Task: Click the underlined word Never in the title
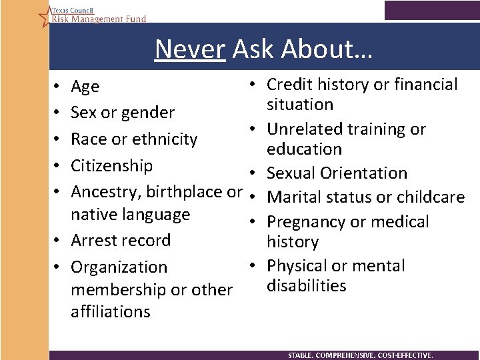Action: pyautogui.click(x=189, y=49)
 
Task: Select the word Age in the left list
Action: pyautogui.click(x=85, y=87)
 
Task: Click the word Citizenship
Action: pyautogui.click(x=111, y=165)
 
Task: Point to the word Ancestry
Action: pyautogui.click(x=101, y=192)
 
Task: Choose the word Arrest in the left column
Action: pyautogui.click(x=93, y=241)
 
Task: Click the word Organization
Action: pyautogui.click(x=119, y=267)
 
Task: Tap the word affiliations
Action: pyautogui.click(x=111, y=311)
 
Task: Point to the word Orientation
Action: pyautogui.click(x=365, y=173)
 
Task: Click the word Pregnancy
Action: pyautogui.click(x=304, y=222)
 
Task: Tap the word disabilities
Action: pyautogui.click(x=306, y=285)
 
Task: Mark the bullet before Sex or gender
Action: pyautogui.click(x=59, y=113)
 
